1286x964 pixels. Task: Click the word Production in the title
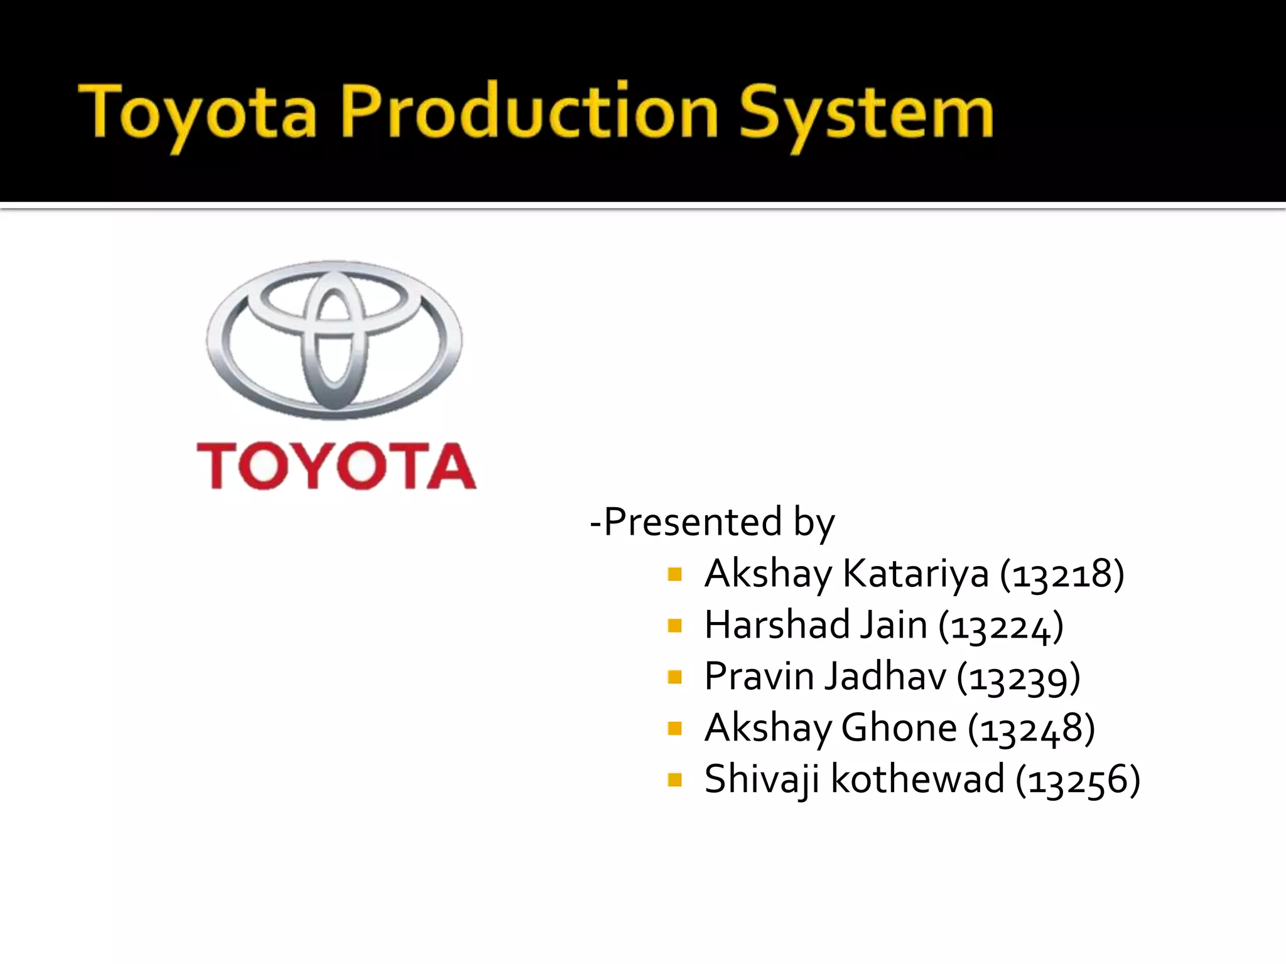[529, 112]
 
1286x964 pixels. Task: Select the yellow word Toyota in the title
[198, 113]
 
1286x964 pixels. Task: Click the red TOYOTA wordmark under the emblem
[337, 466]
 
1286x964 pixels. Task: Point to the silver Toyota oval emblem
[334, 340]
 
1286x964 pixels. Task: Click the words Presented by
[713, 522]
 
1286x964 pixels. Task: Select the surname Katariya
[916, 574]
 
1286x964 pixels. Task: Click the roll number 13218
[1062, 574]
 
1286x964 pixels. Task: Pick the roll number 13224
[1001, 626]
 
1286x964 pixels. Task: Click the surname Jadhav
[885, 677]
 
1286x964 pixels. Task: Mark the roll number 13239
[1019, 677]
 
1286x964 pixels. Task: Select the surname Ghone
[899, 728]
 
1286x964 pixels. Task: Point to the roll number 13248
[1032, 729]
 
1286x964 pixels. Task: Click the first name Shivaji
[762, 779]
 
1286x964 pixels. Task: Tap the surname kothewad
[917, 779]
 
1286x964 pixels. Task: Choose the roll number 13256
[1078, 780]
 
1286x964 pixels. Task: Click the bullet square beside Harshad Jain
[675, 626]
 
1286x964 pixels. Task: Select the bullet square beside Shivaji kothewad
[675, 780]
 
